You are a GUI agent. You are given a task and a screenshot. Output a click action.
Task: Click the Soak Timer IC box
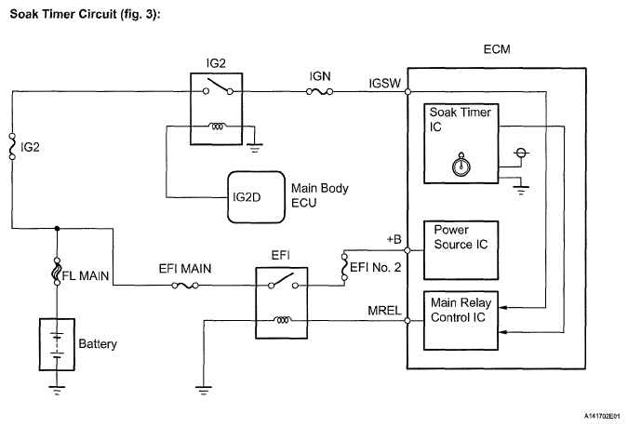click(461, 144)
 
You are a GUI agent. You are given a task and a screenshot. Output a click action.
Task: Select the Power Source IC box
click(461, 249)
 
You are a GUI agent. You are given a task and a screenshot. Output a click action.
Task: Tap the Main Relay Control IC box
click(461, 315)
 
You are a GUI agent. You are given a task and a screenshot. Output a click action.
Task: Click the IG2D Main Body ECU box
click(257, 197)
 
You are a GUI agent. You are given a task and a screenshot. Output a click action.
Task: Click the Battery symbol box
click(58, 343)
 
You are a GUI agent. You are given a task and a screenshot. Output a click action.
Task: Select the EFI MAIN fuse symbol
click(183, 286)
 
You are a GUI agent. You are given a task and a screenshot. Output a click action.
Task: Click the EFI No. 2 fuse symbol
click(343, 269)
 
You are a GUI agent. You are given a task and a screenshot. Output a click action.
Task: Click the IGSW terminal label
click(385, 84)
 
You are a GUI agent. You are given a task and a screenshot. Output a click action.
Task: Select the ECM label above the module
click(497, 49)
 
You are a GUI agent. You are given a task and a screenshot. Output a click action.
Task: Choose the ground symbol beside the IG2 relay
click(254, 143)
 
